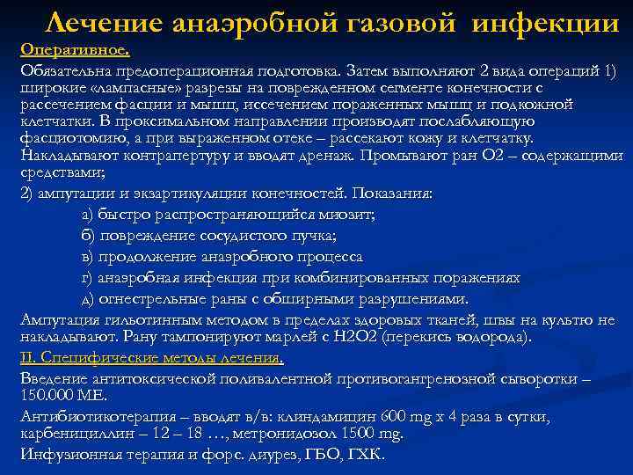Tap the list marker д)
(90, 299)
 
